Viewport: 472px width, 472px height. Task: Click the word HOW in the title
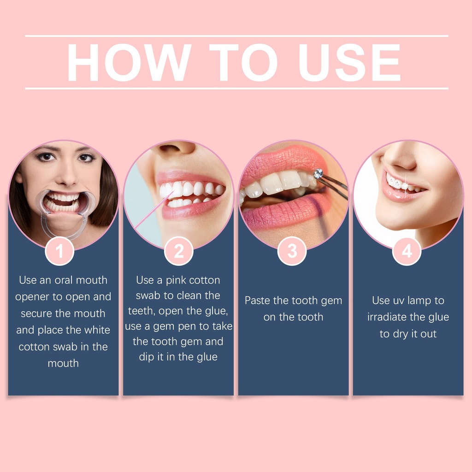point(129,62)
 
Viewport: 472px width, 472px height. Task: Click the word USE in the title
point(349,62)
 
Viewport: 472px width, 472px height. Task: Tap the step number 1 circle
point(59,251)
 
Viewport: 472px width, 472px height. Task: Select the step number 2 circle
point(178,251)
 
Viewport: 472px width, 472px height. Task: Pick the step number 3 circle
point(292,251)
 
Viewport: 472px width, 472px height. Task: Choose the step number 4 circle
point(407,251)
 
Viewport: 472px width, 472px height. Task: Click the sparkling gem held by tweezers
point(318,173)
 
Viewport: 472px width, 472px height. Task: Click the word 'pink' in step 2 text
point(176,280)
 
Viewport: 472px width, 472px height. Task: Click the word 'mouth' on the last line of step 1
point(63,363)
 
